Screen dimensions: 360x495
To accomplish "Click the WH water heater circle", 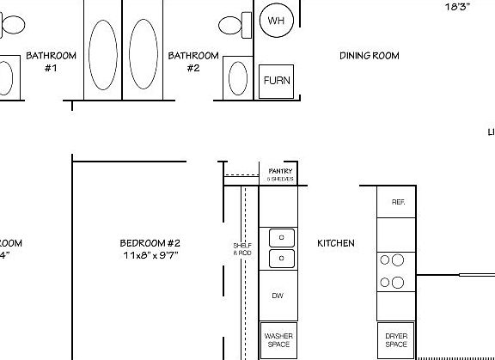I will click(x=276, y=21).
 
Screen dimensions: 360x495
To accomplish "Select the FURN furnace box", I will click(x=276, y=81).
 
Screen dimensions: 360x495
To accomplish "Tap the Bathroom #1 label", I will click(x=51, y=62).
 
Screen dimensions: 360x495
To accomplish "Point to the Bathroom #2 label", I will click(x=193, y=62).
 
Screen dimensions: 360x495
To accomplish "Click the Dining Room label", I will click(x=370, y=56).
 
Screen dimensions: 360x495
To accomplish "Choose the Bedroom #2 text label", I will click(x=150, y=243).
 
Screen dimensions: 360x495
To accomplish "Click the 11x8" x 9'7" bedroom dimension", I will click(x=150, y=255).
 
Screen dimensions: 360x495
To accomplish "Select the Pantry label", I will click(x=281, y=171).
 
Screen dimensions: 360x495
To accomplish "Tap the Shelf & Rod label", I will click(x=242, y=249).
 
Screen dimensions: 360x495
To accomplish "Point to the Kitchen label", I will click(x=336, y=244).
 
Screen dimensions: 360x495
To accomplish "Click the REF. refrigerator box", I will click(x=398, y=202).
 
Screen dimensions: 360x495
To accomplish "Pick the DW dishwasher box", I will click(x=278, y=296).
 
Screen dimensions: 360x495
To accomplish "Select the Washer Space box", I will click(x=278, y=339).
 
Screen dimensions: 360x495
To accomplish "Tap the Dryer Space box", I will click(x=395, y=340).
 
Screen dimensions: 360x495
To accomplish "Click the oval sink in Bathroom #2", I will click(x=237, y=78).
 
